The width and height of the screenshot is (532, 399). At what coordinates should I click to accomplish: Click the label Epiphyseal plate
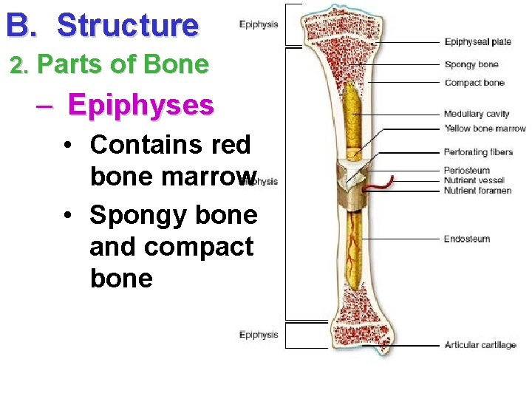click(477, 42)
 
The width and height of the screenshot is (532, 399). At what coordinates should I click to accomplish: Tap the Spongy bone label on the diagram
click(471, 64)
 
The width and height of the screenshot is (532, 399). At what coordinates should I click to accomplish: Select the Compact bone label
click(474, 82)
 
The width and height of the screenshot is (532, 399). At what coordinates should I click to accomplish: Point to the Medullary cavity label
click(477, 114)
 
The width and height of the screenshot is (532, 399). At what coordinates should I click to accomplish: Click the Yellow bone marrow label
click(485, 129)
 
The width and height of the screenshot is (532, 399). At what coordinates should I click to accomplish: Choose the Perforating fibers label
click(478, 152)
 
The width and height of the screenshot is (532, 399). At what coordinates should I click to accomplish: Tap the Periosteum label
click(466, 171)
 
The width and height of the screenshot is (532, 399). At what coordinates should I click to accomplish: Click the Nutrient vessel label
click(474, 180)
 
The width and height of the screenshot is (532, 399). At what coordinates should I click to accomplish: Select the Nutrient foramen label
click(477, 191)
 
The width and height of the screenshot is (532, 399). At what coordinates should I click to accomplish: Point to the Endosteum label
click(466, 239)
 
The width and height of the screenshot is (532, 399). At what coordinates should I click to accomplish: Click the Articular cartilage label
click(480, 345)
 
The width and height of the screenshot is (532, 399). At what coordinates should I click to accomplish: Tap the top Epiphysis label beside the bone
click(259, 24)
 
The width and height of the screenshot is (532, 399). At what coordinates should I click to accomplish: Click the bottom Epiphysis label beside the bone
click(259, 335)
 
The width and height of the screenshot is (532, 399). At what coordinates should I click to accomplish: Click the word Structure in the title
click(128, 25)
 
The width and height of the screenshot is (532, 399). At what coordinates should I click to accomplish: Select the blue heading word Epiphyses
click(140, 105)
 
